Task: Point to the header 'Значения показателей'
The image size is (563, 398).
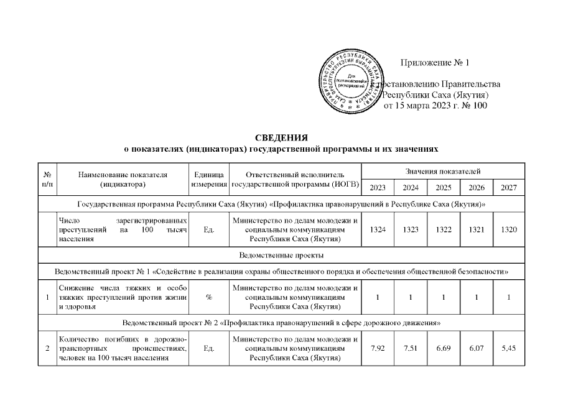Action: point(442,171)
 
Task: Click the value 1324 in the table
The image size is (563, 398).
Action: point(377,229)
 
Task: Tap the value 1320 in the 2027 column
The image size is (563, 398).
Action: point(508,229)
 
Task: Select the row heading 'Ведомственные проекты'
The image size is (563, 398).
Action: point(281,255)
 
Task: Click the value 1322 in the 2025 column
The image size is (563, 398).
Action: point(443,229)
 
